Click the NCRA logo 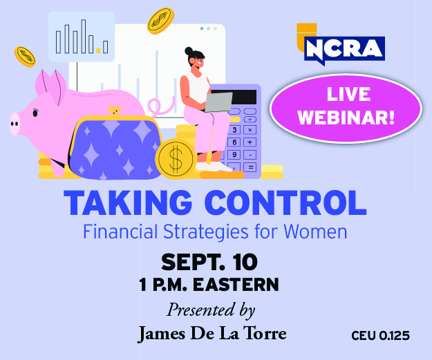(341, 45)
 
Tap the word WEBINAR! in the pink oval (346, 118)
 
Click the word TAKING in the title (128, 202)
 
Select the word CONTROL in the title (285, 202)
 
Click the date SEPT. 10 (209, 262)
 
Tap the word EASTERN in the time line (236, 285)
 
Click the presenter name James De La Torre (212, 334)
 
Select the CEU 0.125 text (380, 336)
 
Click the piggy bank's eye (35, 113)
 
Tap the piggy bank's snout (15, 124)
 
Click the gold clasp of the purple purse (115, 110)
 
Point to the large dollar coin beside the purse (176, 159)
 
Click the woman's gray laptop (218, 102)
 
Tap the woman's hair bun (189, 51)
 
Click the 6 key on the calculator (234, 142)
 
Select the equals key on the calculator (250, 167)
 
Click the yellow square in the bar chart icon (98, 50)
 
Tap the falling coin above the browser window (160, 21)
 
